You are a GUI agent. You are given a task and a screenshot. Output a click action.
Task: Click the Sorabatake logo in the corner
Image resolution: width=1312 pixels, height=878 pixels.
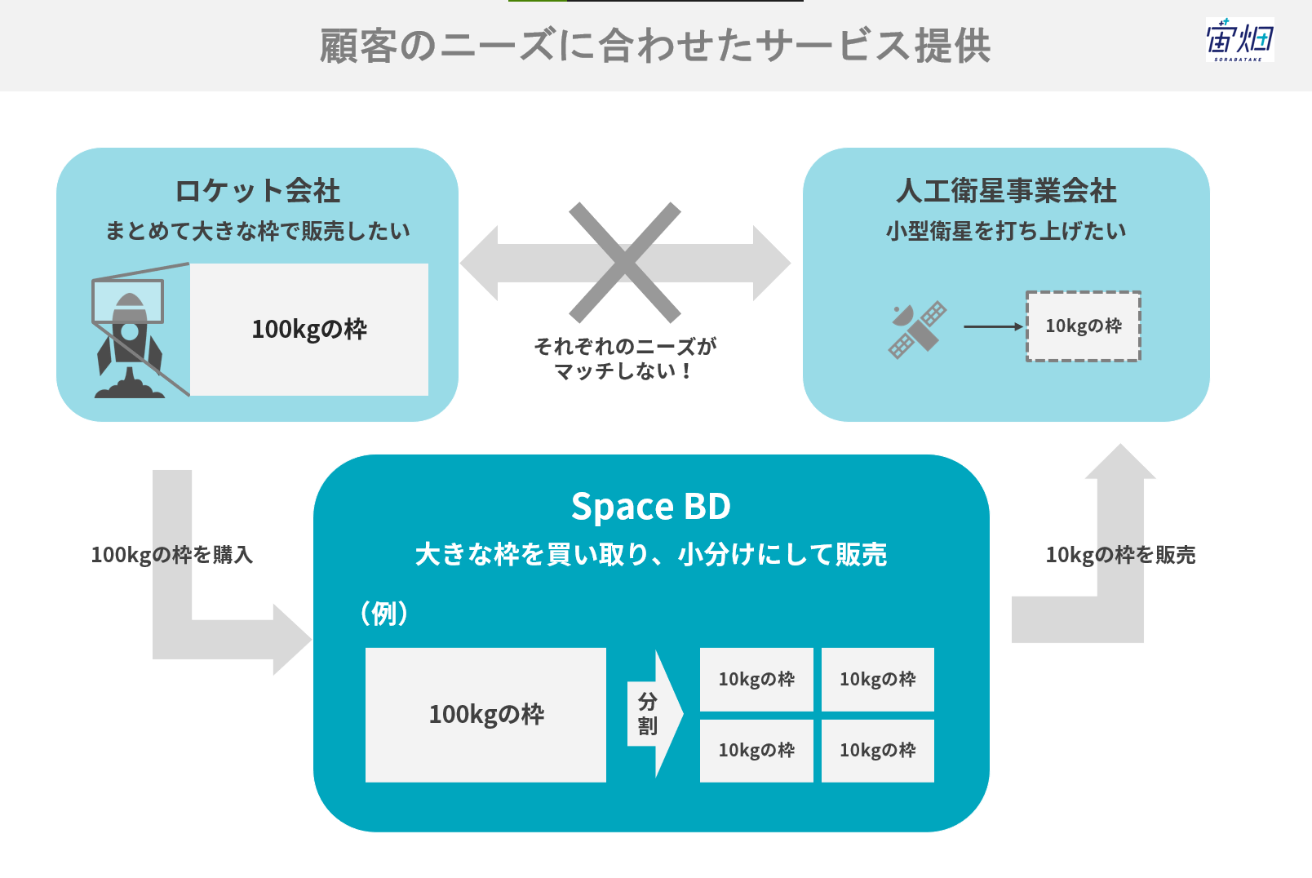pos(1239,39)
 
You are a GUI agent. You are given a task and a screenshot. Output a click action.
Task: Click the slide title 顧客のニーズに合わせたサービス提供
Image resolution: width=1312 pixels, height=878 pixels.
pos(655,46)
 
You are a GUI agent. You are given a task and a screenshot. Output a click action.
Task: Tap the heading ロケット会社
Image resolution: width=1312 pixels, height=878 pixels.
pos(257,191)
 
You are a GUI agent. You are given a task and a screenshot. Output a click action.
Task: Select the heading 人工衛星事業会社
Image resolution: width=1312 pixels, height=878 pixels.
pos(1006,191)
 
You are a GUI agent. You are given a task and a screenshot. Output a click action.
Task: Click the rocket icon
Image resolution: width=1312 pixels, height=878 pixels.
pos(130,346)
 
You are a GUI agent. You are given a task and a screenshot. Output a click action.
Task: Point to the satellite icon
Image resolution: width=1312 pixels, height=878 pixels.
pos(917,330)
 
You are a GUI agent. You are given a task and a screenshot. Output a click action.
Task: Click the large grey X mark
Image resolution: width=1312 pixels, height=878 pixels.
pos(625,263)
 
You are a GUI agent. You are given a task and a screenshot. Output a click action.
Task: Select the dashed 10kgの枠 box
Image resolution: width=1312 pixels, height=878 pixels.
pos(1083,326)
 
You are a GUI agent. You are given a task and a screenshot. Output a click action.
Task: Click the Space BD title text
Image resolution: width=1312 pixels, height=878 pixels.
pos(651,506)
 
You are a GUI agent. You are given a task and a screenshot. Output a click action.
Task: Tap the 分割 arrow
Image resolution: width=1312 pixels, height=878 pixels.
pos(655,714)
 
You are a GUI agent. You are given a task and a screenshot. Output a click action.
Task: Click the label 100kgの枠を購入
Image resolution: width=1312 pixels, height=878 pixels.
pos(172,554)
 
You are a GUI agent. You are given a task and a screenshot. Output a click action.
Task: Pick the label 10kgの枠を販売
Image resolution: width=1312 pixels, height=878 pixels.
pos(1120,554)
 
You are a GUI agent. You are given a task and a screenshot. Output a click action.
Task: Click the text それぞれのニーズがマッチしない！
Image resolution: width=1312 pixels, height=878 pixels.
pos(625,358)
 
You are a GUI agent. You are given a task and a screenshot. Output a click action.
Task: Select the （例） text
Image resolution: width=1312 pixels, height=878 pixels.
pos(383,614)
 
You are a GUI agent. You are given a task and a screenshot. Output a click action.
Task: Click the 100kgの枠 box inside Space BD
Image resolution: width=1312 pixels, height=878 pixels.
pos(485,715)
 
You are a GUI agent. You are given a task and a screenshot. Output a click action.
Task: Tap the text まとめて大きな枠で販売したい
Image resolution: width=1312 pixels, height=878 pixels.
pos(257,231)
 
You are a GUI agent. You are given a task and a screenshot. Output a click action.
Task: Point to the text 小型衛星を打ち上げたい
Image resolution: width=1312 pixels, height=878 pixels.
pos(1006,231)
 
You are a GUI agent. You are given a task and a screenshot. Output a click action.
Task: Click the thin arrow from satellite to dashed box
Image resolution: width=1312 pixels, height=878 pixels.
pos(993,326)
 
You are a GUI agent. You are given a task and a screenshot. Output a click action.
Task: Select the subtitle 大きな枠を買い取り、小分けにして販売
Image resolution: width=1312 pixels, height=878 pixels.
pos(651,554)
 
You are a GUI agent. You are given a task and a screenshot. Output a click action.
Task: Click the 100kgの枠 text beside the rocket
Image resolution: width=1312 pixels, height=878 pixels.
pos(309,329)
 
